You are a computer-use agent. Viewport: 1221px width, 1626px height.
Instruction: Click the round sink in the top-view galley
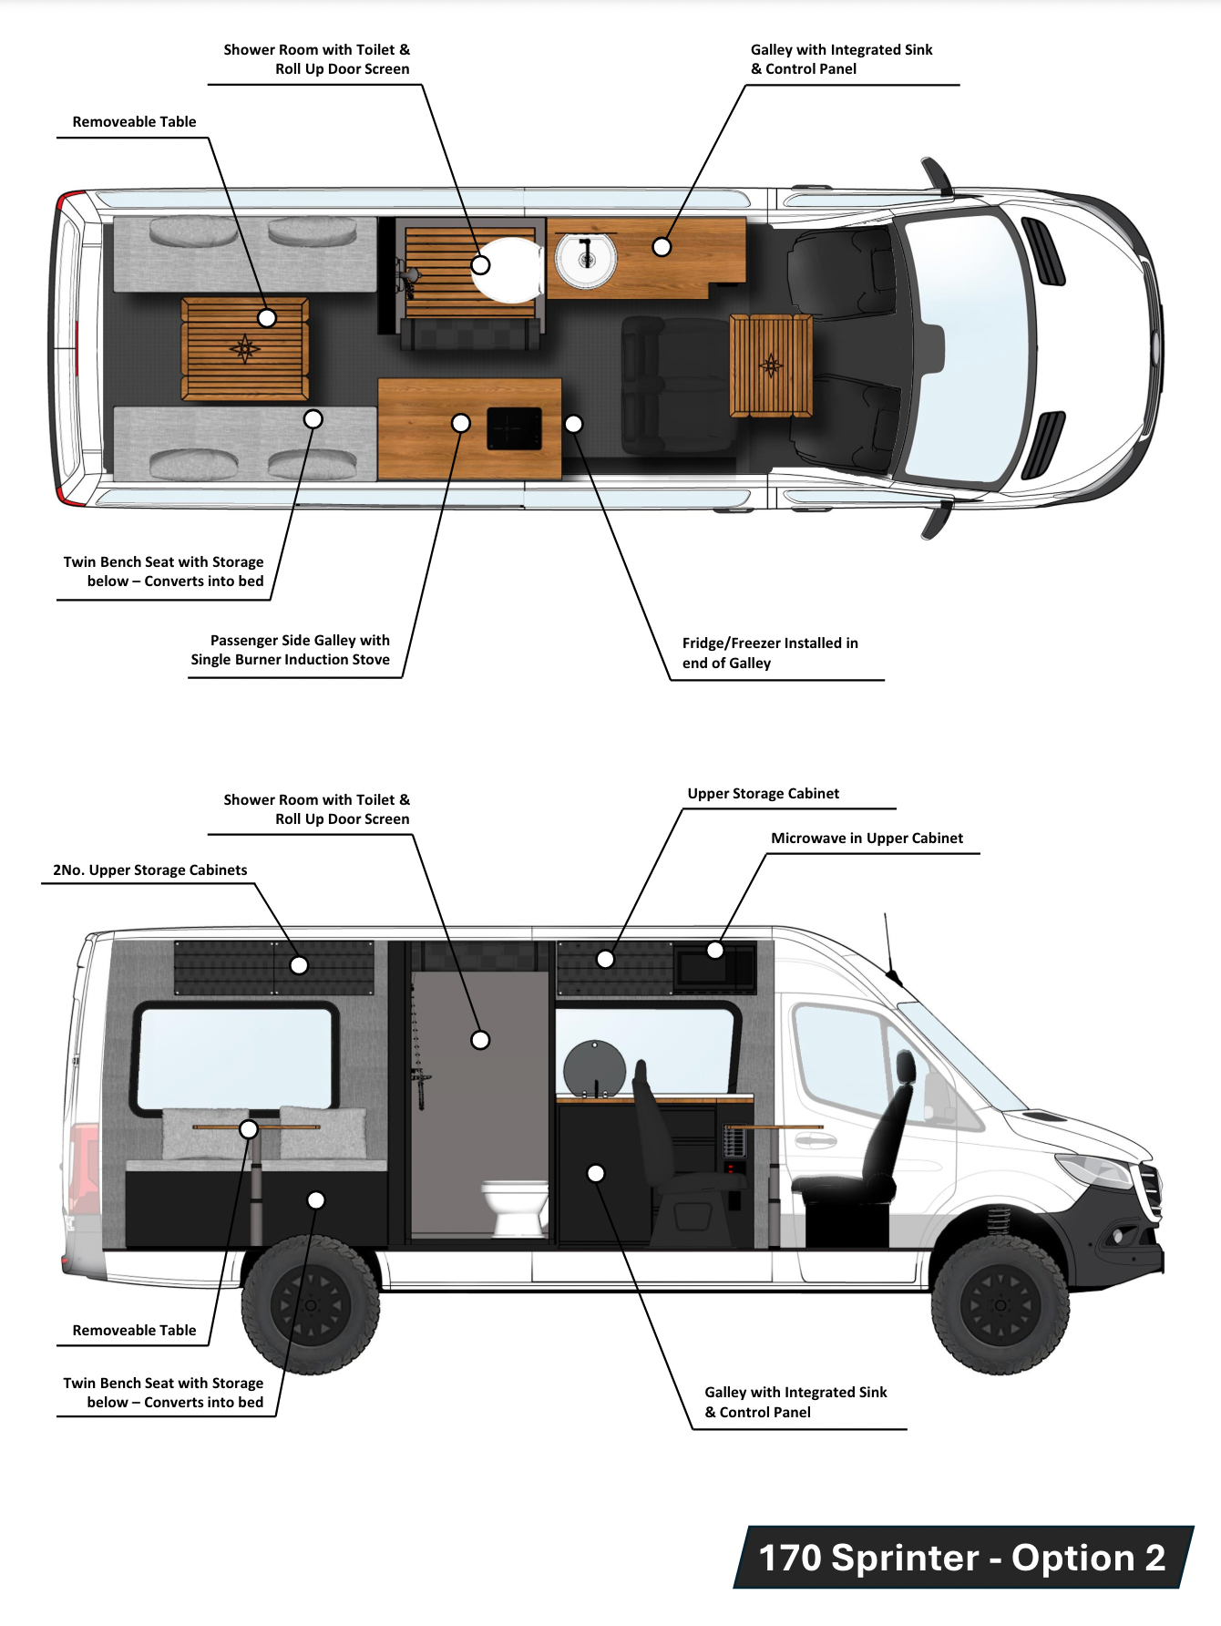click(585, 257)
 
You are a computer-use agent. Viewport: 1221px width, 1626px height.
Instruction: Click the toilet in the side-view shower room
click(514, 1207)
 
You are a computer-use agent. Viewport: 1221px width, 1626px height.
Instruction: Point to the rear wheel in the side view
click(310, 1305)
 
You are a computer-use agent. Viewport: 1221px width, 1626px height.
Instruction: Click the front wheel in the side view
click(1000, 1305)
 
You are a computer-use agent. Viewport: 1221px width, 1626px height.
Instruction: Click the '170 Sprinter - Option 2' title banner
click(962, 1558)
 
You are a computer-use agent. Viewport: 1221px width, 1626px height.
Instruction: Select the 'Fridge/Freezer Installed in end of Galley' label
click(770, 653)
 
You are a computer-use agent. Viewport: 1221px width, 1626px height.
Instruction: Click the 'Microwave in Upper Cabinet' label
click(867, 839)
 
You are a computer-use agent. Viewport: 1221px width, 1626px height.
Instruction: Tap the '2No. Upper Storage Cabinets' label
click(150, 870)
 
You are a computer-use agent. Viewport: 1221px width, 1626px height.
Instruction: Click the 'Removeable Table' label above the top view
click(134, 122)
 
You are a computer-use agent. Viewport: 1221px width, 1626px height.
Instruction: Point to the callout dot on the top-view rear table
click(267, 318)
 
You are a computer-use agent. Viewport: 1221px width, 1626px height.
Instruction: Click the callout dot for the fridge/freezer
click(574, 424)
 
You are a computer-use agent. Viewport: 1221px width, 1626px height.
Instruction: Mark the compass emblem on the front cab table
click(771, 365)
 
